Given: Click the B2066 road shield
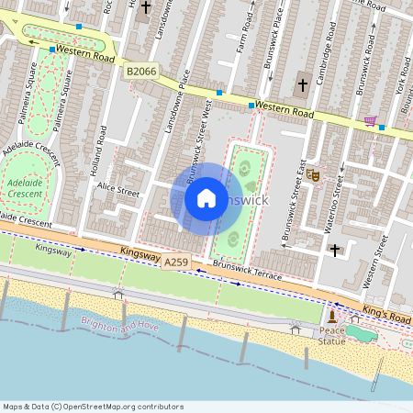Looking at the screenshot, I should click(x=141, y=71).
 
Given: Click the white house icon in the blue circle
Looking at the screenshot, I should click(x=206, y=198).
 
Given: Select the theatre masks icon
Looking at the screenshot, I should click(x=313, y=173).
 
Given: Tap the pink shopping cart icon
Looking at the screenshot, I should click(x=370, y=120).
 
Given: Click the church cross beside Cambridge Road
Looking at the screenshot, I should click(x=303, y=85).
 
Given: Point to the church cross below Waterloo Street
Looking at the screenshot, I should click(x=335, y=249).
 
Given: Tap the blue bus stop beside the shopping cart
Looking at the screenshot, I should click(x=382, y=128).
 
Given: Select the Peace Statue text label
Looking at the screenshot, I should click(x=332, y=335).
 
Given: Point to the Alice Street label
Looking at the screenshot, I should click(x=118, y=194).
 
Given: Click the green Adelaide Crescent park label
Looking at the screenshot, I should click(x=25, y=188).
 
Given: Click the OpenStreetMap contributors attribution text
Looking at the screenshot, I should click(x=93, y=407).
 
